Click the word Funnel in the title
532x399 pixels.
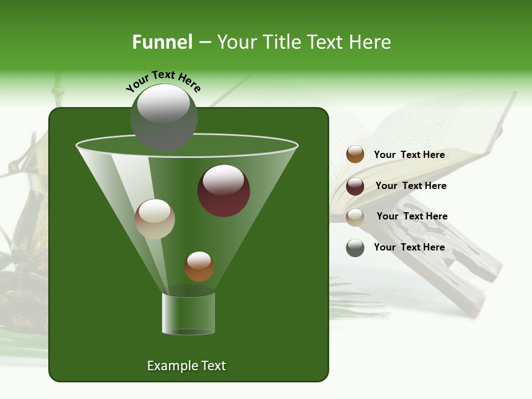pos(162,42)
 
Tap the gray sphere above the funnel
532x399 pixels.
pos(163,116)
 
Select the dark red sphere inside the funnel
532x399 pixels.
pos(223,191)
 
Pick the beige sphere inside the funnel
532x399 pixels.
pos(155,219)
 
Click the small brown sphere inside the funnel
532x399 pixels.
pos(199,266)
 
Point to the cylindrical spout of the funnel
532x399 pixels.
pos(188,313)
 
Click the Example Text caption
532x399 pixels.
pos(186,366)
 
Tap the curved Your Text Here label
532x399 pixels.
pos(163,81)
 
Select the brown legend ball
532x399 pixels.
pos(355,155)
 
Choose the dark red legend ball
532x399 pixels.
pos(355,186)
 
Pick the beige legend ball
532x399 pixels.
pos(355,217)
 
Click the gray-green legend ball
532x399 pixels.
pos(355,248)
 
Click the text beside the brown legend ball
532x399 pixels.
pos(409,155)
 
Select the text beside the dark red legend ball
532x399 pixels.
pos(411,186)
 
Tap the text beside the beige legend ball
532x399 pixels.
pos(412,216)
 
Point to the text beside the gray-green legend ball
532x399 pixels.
pos(409,247)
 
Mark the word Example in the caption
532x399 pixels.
pos(168,366)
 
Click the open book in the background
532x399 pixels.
pos(421,139)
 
